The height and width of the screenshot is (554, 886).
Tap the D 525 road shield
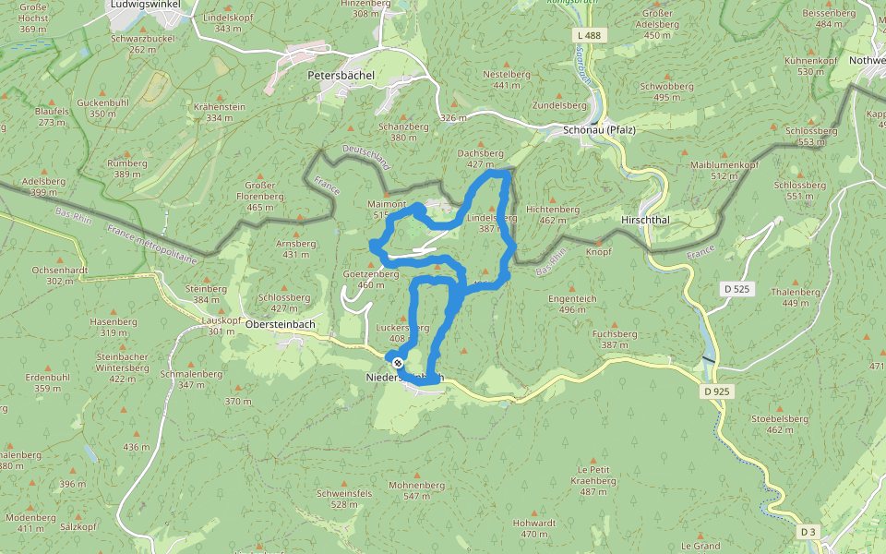click(x=736, y=289)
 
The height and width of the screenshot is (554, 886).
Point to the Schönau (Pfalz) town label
click(x=599, y=130)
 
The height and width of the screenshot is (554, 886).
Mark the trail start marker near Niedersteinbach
click(x=398, y=362)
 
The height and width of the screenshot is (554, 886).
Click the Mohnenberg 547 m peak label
click(x=417, y=490)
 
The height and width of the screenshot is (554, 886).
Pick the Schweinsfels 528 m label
click(x=344, y=499)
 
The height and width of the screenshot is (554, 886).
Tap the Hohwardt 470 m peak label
click(x=534, y=528)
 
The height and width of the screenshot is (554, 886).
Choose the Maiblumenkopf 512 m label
click(x=724, y=170)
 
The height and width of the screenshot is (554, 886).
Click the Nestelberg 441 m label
click(x=507, y=79)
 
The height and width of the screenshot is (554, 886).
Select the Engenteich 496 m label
click(x=572, y=304)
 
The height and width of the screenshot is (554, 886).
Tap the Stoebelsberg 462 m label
click(x=772, y=424)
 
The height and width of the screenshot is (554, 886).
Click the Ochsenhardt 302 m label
click(x=59, y=275)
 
